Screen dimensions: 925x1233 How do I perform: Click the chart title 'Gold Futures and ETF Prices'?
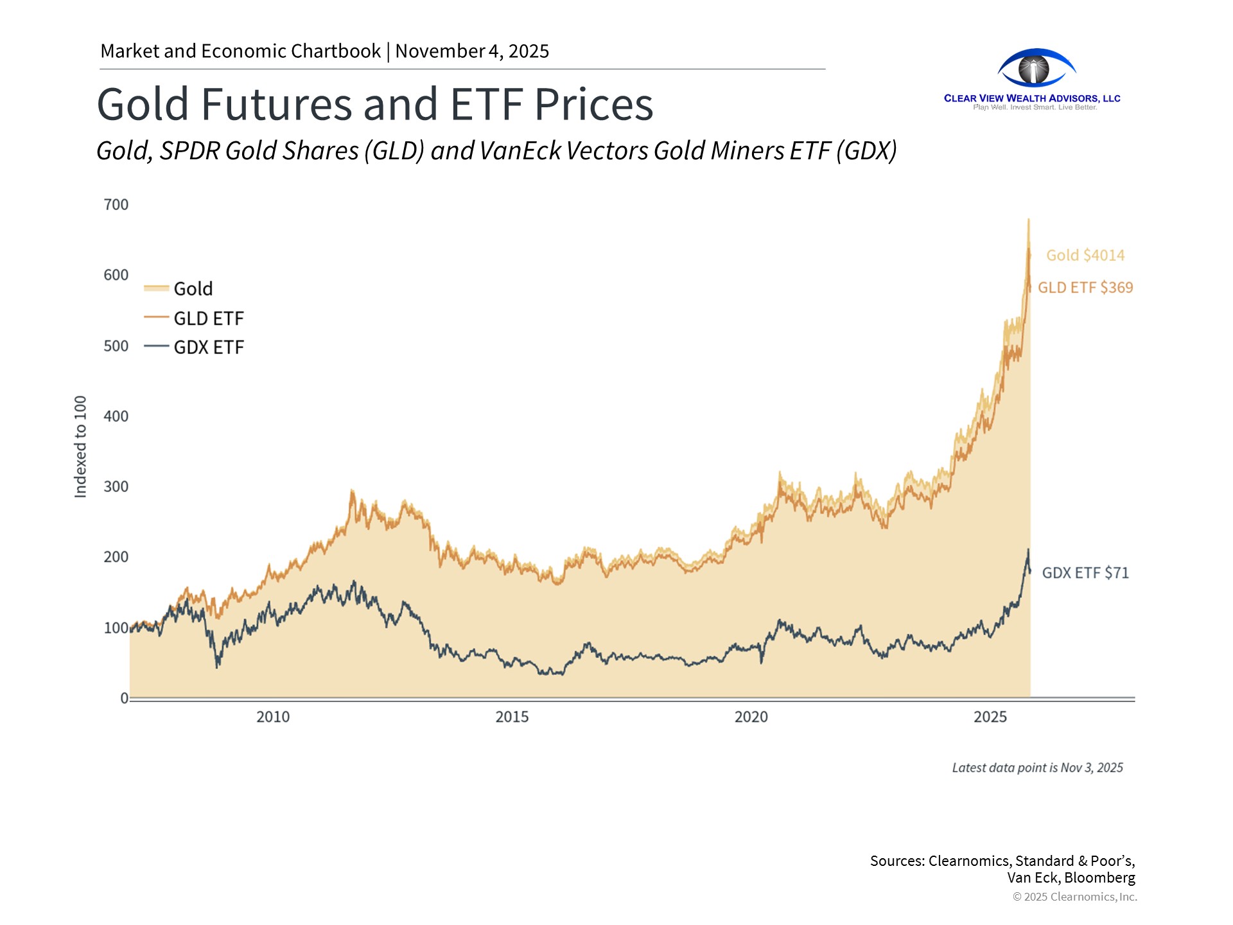(375, 104)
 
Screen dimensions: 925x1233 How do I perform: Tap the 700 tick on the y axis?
(116, 205)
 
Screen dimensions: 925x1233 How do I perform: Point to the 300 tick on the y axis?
(116, 487)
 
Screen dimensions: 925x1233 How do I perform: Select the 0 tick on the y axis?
(125, 698)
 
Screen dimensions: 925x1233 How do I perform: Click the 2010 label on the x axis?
(273, 717)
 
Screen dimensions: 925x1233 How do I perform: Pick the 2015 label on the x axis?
(512, 717)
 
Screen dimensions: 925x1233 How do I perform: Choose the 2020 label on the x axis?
(751, 717)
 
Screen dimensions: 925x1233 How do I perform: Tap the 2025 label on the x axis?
(990, 717)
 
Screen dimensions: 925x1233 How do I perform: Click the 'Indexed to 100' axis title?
(80, 447)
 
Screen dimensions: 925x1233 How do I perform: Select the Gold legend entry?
(193, 289)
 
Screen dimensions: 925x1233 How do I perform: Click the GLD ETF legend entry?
(209, 319)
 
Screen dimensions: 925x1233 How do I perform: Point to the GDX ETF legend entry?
(209, 348)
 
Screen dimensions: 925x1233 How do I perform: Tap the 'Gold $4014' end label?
(1085, 256)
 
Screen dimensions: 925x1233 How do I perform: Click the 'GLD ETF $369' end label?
(1085, 288)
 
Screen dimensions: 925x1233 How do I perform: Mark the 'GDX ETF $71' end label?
(1085, 573)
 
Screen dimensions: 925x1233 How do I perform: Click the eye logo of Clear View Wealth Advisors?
(1036, 68)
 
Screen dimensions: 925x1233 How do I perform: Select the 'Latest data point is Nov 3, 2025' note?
(1037, 768)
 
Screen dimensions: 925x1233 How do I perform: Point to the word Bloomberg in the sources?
(1099, 878)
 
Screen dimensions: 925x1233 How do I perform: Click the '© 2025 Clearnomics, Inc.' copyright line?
(1074, 897)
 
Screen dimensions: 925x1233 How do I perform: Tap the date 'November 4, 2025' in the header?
(472, 51)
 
